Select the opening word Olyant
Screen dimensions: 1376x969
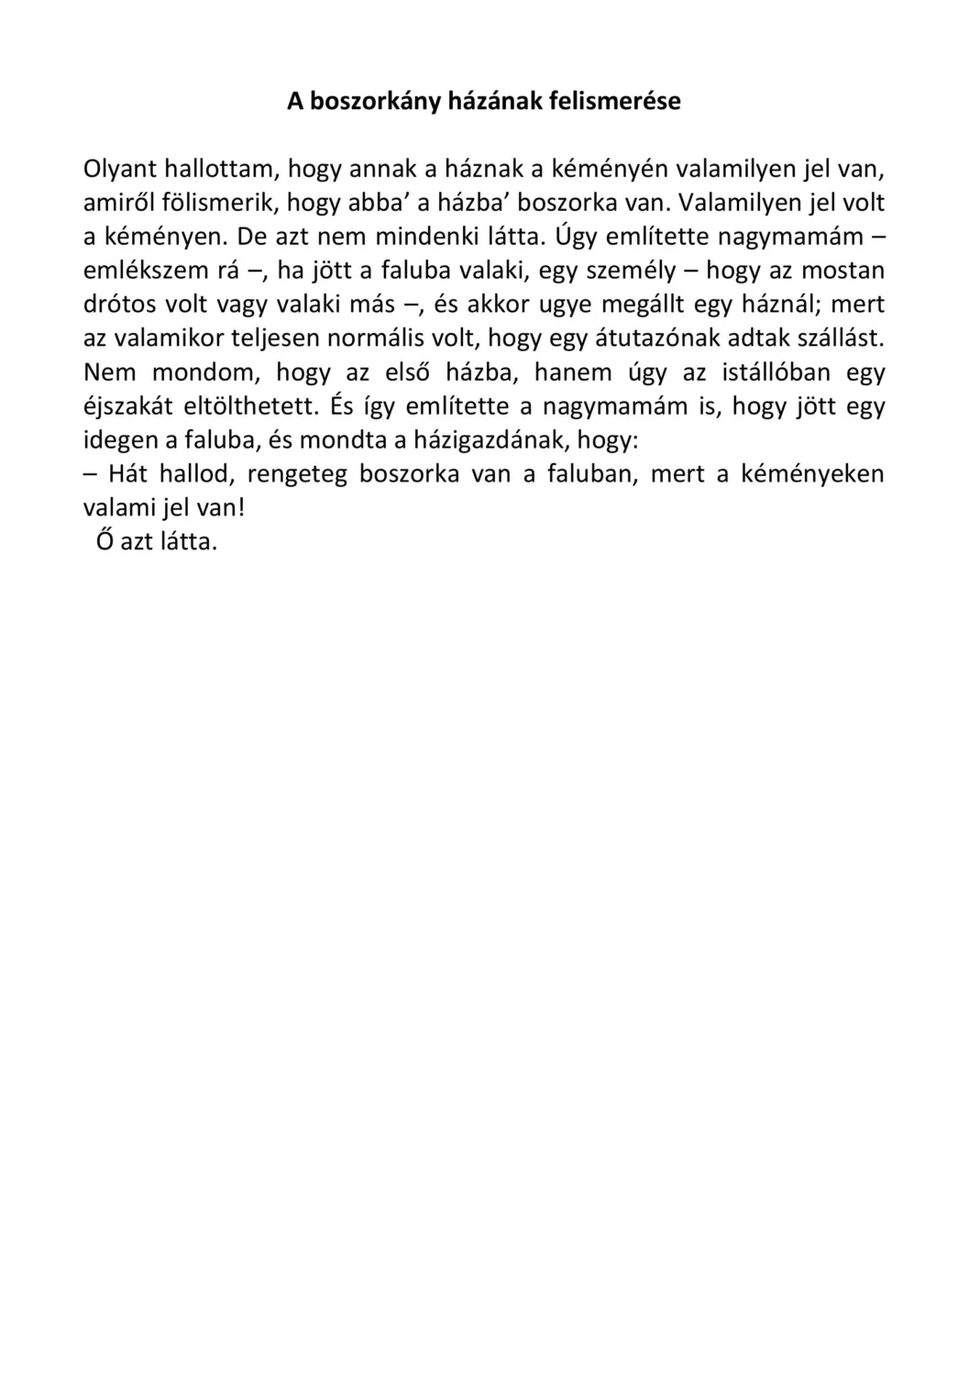click(119, 169)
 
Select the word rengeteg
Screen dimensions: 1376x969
click(297, 474)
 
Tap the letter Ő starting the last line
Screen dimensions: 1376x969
click(105, 541)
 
